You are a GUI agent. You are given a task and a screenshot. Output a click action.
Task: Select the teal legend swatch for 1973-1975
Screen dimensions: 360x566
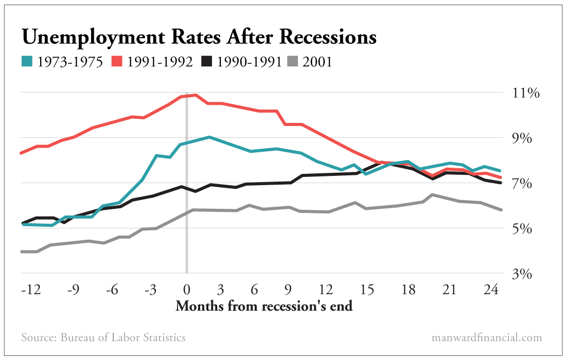[27, 62]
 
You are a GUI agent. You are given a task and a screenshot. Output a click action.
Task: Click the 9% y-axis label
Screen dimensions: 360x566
[525, 139]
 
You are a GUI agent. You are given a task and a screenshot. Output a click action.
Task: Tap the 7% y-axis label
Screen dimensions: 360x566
[525, 184]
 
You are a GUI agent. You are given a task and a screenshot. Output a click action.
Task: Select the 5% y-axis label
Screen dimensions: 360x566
[525, 229]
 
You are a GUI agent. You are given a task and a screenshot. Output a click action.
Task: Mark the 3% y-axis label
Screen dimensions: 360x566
[525, 274]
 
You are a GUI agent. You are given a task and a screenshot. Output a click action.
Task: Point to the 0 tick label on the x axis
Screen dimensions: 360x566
[186, 290]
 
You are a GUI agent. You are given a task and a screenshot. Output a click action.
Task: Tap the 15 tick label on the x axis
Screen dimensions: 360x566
[367, 290]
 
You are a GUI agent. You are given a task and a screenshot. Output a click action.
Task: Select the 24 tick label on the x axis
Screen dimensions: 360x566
[492, 290]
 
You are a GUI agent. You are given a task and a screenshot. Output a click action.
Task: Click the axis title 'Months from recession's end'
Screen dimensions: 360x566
[264, 307]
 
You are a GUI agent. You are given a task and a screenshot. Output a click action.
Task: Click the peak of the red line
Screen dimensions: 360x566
[196, 95]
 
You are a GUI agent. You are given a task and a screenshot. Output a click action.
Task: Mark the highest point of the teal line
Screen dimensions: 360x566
[208, 137]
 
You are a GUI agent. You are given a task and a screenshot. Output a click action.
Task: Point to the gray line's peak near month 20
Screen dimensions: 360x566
[432, 194]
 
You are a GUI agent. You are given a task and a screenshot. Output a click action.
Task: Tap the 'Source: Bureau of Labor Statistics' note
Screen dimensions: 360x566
[103, 338]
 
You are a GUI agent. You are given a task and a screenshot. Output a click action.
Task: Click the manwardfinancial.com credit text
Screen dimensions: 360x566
[487, 338]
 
